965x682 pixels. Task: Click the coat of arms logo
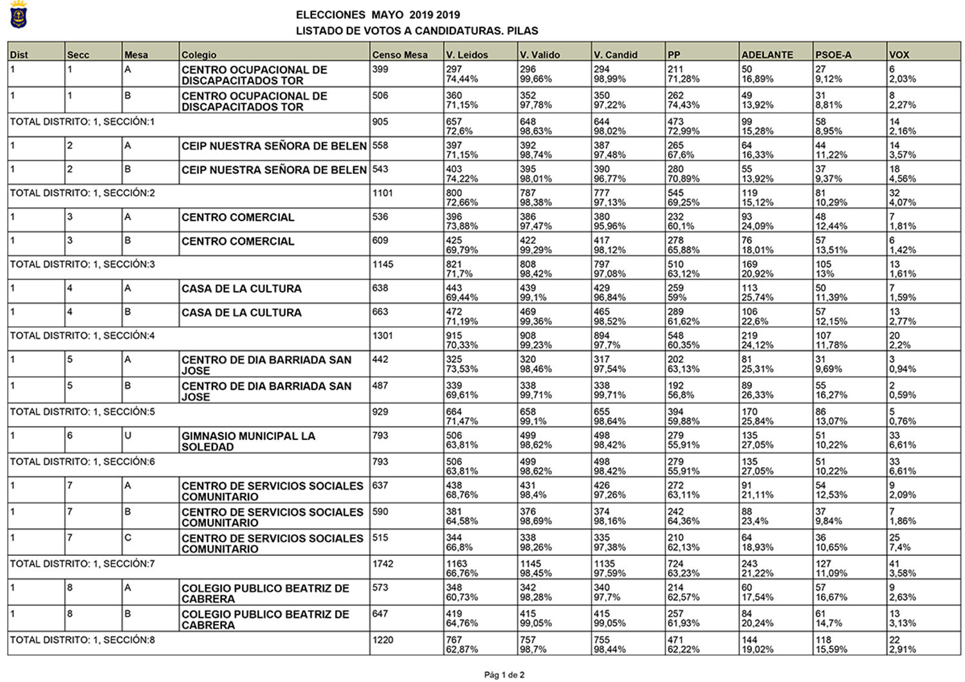point(18,15)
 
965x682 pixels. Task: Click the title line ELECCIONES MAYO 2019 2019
point(378,15)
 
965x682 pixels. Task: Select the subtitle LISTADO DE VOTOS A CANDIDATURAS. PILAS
point(416,31)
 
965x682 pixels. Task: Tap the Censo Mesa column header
point(400,55)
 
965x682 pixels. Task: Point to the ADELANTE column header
point(767,55)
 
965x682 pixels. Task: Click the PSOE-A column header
point(832,55)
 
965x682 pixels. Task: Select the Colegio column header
point(199,55)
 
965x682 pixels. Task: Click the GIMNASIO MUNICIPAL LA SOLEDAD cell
point(248,441)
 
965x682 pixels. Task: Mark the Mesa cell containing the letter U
point(127,436)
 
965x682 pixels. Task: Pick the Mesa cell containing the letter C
point(127,538)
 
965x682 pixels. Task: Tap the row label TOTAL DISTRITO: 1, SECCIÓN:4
point(82,336)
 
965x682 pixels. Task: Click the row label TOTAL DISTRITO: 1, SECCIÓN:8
point(82,640)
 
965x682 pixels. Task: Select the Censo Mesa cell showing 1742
point(383,564)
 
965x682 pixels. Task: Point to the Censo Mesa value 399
point(380,69)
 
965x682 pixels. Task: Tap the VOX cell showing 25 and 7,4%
point(900,542)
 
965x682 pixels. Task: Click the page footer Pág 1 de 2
point(504,675)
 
